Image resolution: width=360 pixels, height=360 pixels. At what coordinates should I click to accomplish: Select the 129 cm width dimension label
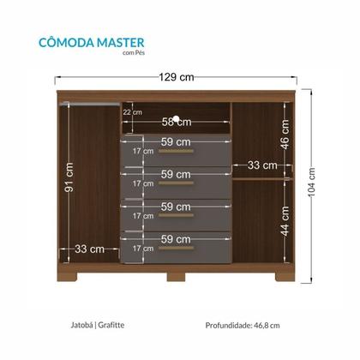tap(178, 77)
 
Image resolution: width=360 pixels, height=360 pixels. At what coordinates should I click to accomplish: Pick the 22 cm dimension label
tap(132, 111)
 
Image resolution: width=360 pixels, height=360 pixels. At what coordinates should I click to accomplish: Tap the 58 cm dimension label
tap(177, 123)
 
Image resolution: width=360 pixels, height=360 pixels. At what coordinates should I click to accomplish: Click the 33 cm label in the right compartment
tap(262, 165)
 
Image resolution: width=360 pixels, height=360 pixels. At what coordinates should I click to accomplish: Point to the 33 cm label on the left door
tap(89, 249)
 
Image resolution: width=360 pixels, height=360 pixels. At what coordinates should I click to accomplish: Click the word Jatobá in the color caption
tap(81, 325)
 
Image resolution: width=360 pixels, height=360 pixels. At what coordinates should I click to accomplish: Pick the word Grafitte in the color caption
tap(112, 325)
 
